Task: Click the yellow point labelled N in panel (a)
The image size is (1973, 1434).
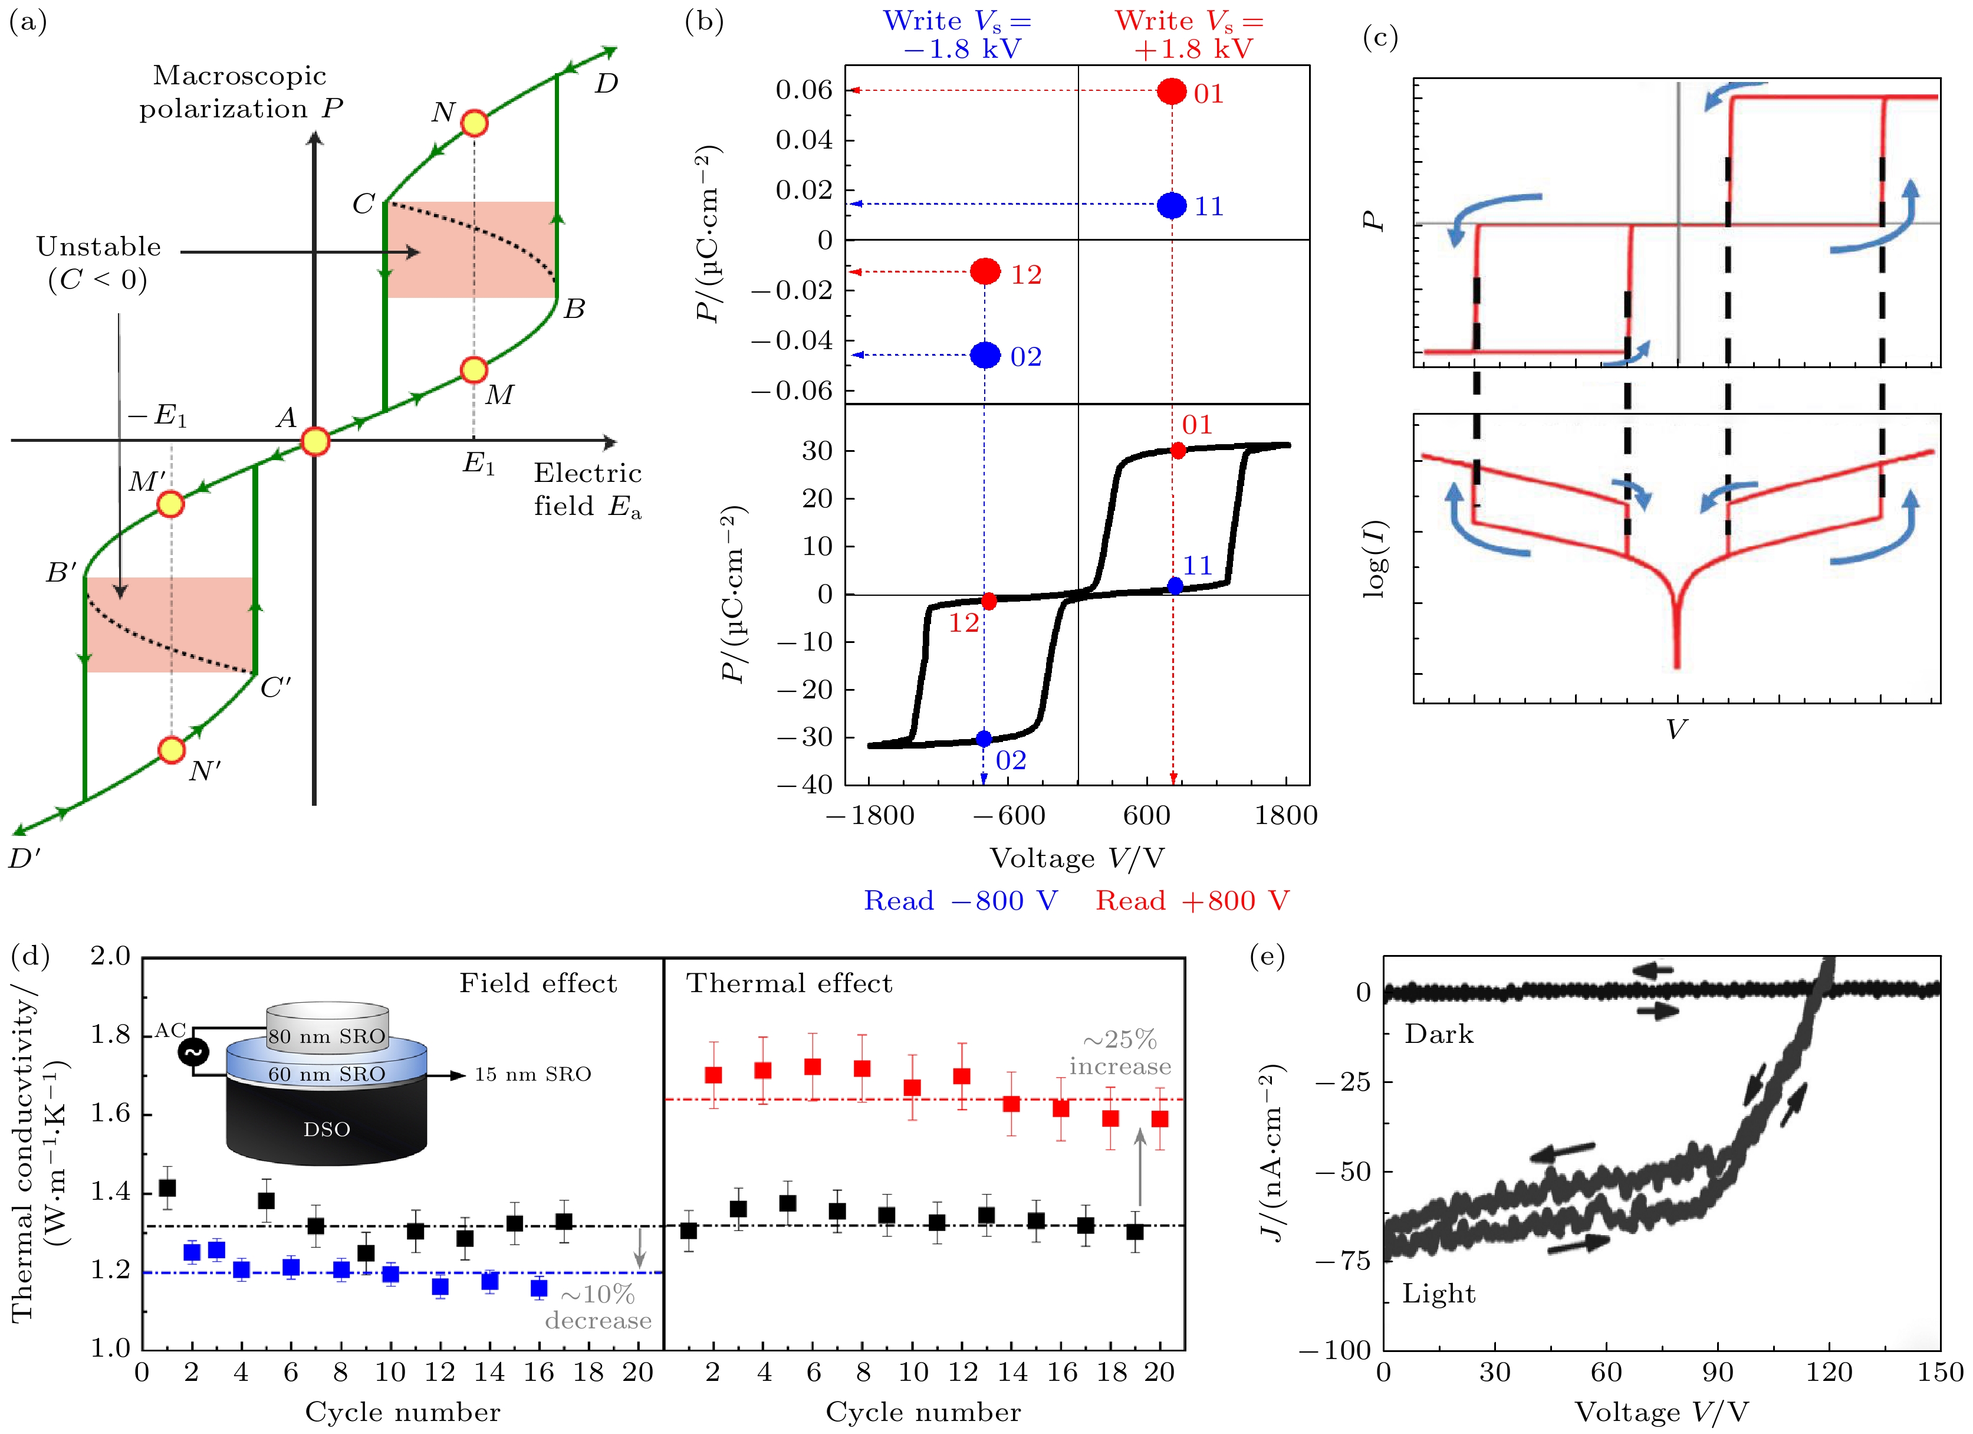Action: coord(473,123)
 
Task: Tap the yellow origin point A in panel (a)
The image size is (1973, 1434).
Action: coord(315,441)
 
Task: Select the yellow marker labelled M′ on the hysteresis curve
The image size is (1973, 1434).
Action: coord(170,504)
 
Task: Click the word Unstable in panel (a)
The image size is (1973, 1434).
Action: coord(98,247)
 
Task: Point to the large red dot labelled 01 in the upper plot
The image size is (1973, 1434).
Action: coord(1172,91)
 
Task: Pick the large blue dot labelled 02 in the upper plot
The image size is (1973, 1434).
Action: coord(985,355)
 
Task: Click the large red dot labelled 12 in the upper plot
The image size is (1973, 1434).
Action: coord(985,271)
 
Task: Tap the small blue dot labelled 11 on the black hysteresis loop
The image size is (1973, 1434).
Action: coord(1175,586)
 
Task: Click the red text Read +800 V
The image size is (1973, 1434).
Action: coord(1192,901)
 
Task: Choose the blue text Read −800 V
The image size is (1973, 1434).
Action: coord(961,901)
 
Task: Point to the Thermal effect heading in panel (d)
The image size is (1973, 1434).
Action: coord(789,983)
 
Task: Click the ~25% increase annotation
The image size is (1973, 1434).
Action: coord(1120,1053)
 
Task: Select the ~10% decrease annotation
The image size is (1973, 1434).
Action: coord(598,1307)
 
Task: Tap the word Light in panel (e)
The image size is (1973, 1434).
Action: coord(1439,1294)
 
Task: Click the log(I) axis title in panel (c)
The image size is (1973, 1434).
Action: coord(1374,559)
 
